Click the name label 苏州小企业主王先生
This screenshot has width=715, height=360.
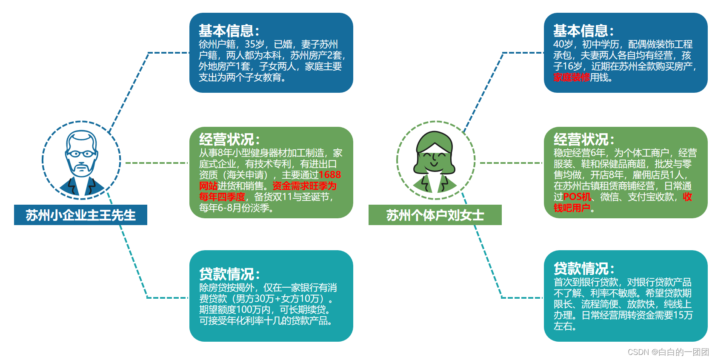tap(80, 215)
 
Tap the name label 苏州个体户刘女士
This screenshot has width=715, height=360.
tap(435, 215)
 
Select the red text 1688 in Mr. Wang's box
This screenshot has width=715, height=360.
tap(330, 175)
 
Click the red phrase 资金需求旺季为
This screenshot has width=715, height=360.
tap(304, 186)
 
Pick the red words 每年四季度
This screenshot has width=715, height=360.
tap(222, 197)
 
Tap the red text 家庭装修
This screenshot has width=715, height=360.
tap(571, 77)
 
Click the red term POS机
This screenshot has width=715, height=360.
tap(577, 197)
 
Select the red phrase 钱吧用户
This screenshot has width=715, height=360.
tap(572, 208)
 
